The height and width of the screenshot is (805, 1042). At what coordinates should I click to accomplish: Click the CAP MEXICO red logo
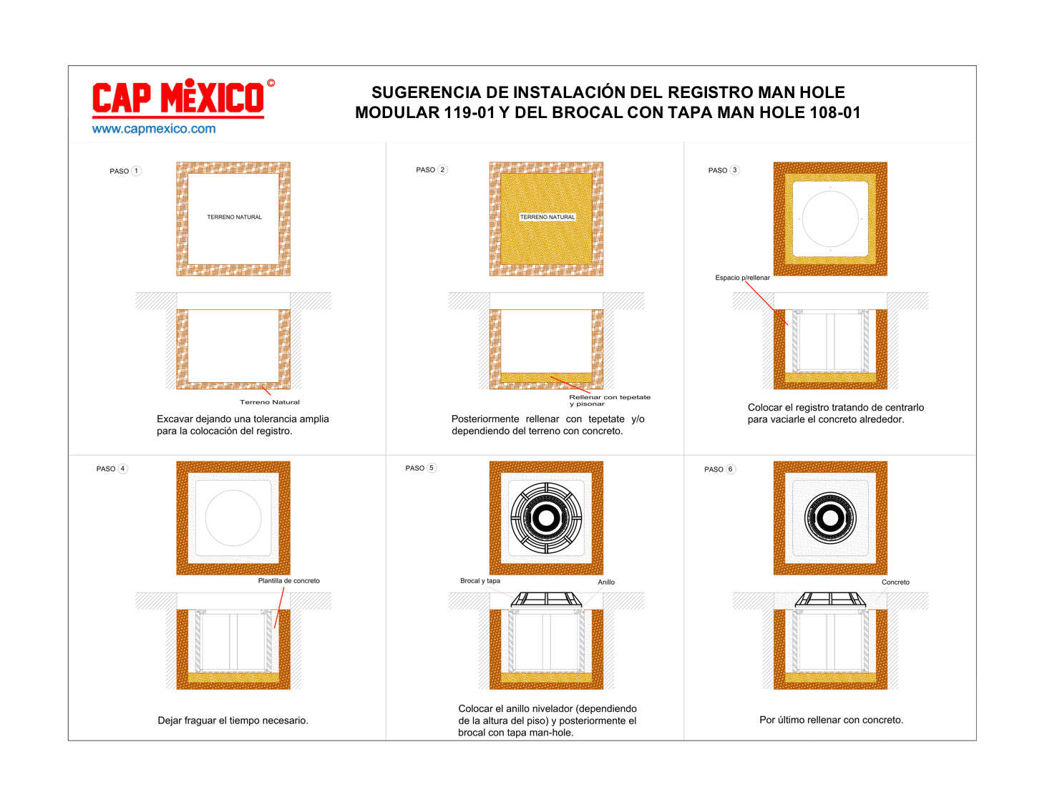(x=183, y=98)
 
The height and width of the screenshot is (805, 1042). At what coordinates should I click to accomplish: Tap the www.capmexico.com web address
(x=154, y=129)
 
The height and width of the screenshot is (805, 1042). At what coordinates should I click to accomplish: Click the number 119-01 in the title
(x=469, y=112)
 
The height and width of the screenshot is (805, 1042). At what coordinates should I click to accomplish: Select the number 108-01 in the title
(x=834, y=112)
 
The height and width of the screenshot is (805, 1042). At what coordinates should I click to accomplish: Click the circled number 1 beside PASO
(x=136, y=171)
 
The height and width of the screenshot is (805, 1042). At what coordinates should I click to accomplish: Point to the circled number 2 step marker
(x=442, y=170)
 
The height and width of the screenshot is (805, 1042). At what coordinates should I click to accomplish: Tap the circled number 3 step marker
(x=734, y=170)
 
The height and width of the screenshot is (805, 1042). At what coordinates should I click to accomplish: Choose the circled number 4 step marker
(x=123, y=469)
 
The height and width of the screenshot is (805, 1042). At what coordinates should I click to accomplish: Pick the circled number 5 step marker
(x=432, y=468)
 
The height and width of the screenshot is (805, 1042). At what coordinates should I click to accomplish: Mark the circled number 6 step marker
(x=730, y=469)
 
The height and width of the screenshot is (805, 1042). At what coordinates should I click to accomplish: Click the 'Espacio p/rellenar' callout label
(x=742, y=278)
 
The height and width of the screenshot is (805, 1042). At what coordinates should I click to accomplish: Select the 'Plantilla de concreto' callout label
(x=288, y=580)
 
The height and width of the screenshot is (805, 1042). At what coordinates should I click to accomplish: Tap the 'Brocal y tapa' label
(x=480, y=580)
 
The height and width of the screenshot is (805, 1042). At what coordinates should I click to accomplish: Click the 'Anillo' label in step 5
(x=606, y=582)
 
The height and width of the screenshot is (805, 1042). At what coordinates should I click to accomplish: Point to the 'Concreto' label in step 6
(x=895, y=582)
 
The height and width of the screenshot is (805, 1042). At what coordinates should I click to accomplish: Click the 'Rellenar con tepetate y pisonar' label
(x=610, y=400)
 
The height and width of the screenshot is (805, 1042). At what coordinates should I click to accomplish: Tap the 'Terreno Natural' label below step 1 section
(x=270, y=402)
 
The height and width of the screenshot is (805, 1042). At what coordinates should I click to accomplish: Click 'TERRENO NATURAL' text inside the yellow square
(x=547, y=218)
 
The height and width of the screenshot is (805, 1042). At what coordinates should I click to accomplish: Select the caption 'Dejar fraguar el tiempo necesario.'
(x=233, y=720)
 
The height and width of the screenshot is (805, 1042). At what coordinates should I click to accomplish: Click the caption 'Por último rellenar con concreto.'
(x=831, y=720)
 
